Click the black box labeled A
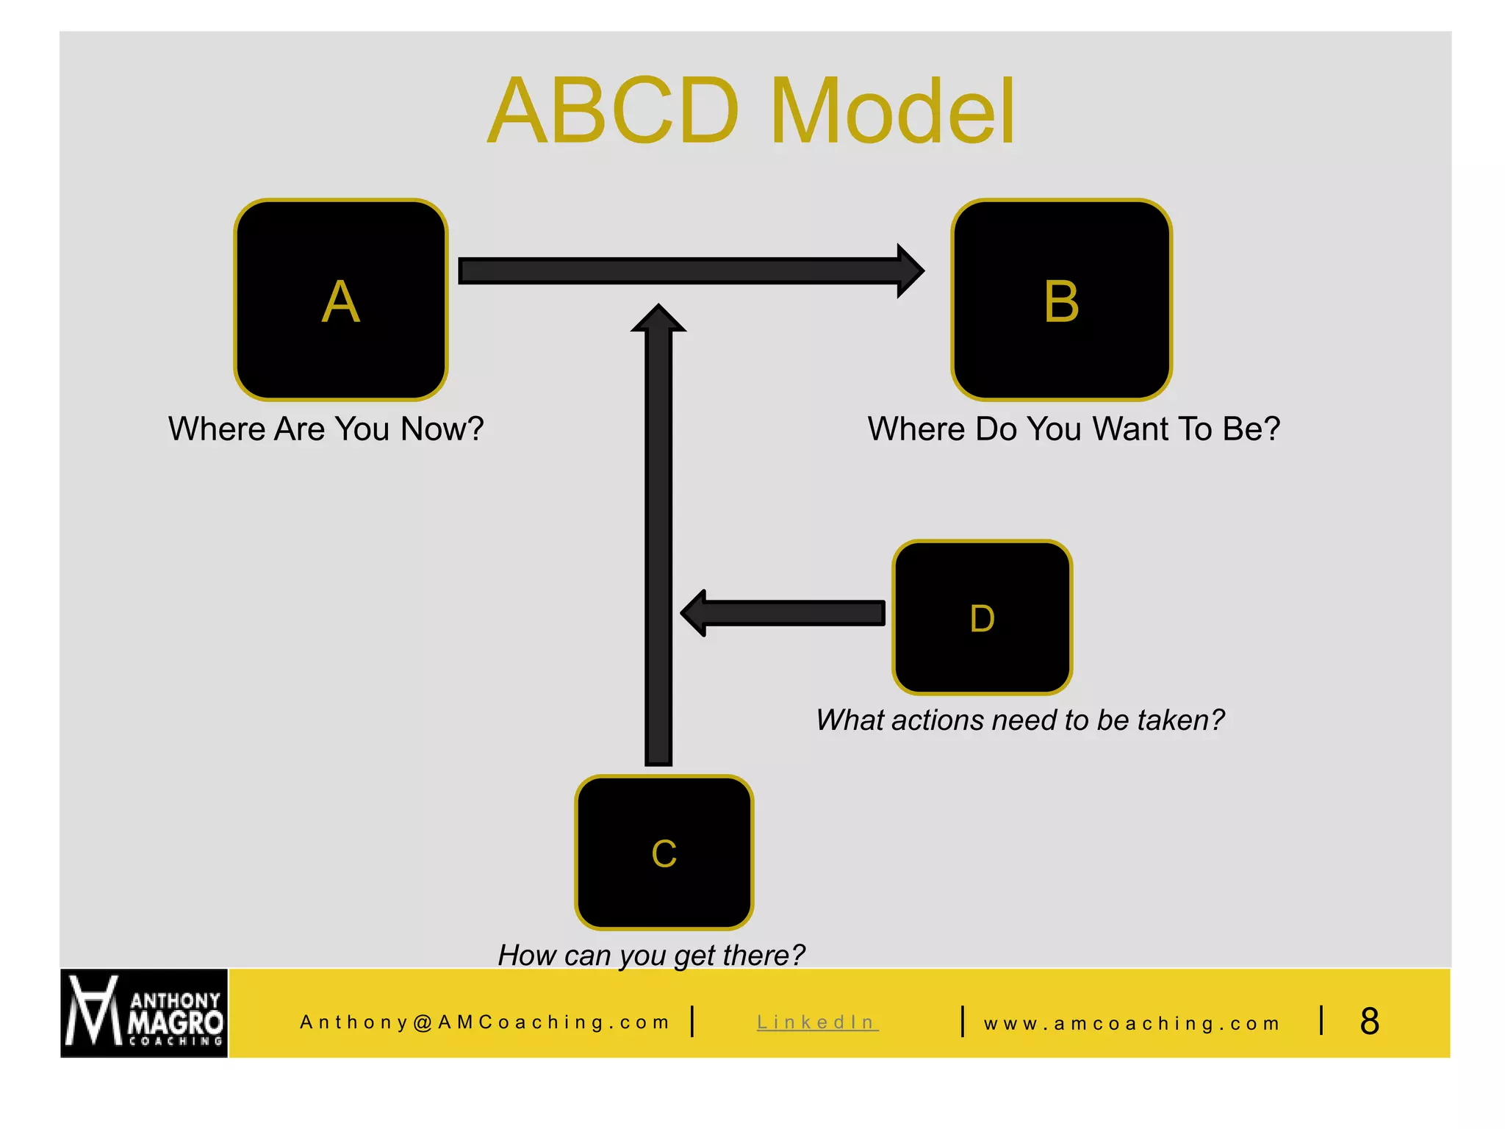coord(341,300)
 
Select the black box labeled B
coord(1061,300)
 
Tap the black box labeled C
coord(664,853)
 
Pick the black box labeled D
coord(982,617)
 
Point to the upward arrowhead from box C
coord(658,319)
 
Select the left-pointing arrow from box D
coord(783,612)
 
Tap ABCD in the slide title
coord(614,112)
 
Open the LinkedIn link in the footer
coord(816,1022)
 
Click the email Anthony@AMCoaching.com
coord(485,1022)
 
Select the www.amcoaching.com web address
coord(1132,1023)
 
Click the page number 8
coord(1369,1021)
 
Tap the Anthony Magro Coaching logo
coord(144,1014)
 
